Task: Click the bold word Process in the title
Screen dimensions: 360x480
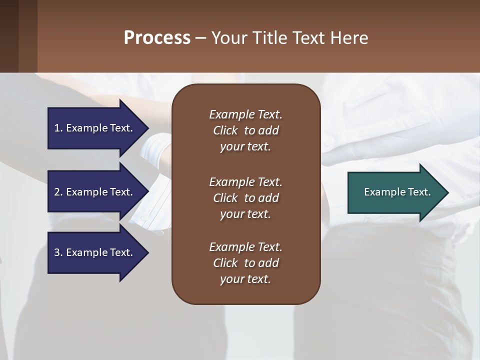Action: point(157,38)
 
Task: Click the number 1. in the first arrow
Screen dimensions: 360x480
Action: point(58,128)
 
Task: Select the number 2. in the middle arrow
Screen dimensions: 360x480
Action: point(58,192)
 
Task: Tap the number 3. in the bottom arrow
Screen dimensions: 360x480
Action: point(58,252)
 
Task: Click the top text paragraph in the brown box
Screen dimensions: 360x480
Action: point(245,130)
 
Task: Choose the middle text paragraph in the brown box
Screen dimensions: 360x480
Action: point(245,197)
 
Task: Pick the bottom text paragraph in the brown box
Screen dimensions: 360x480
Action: point(245,263)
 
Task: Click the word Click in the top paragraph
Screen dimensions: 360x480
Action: point(225,130)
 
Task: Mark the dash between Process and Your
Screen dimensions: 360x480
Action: point(200,38)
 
